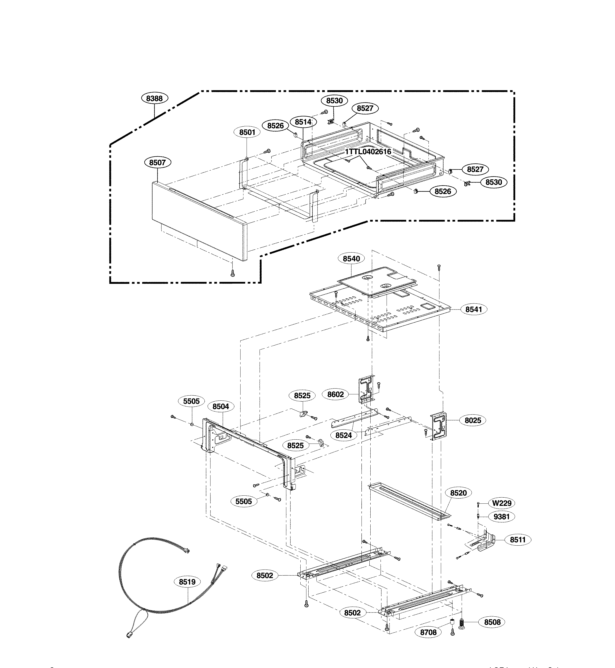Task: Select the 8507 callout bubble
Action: coord(157,162)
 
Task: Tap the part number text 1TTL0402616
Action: coord(368,152)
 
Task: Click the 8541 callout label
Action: coord(474,309)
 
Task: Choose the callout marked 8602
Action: coord(335,394)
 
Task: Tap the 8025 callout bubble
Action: coord(473,420)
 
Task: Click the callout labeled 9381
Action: coord(501,517)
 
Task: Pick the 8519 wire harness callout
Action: coord(187,582)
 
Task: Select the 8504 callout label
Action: coord(221,406)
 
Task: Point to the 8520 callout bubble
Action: coord(458,493)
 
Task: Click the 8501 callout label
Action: coord(247,132)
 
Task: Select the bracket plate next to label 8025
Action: coord(439,427)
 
